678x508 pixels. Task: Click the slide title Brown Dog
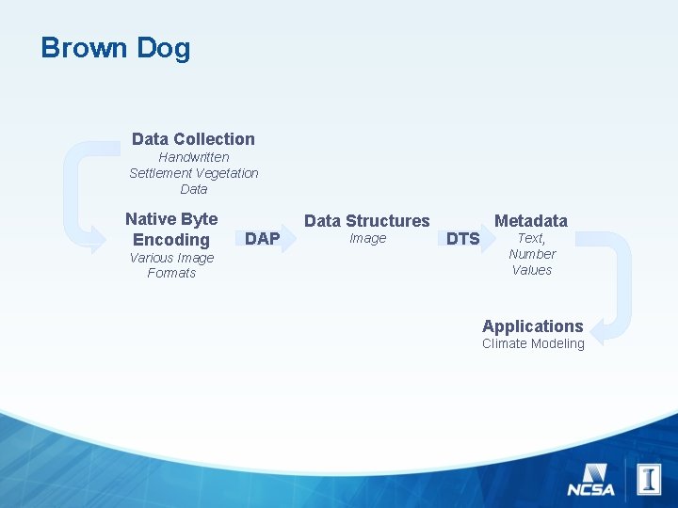115,48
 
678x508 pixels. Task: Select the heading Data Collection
193,139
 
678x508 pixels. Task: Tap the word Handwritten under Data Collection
193,157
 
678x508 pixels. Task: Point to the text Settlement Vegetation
193,173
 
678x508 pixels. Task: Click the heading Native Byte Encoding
171,229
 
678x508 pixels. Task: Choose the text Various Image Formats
171,265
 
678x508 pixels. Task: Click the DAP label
262,239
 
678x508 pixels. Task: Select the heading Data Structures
366,221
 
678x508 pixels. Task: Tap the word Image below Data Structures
367,239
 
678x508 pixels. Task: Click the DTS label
462,239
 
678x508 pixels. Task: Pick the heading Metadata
531,221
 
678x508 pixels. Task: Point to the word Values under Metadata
532,270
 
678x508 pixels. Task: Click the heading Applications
532,326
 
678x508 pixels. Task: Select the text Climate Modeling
533,344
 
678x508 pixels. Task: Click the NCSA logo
590,481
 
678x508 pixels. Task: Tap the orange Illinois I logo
649,480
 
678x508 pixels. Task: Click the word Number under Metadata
532,254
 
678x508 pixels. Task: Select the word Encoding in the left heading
171,240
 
